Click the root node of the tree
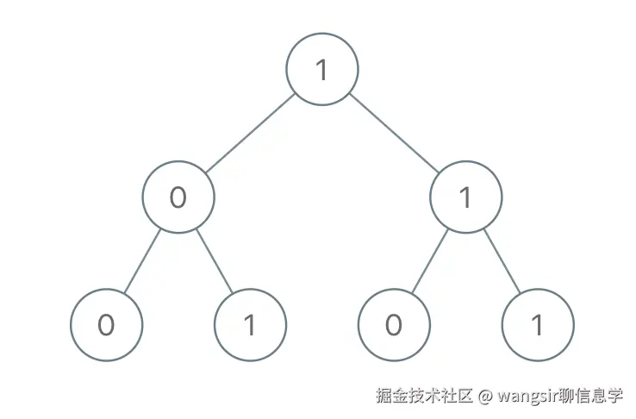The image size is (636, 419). point(321,70)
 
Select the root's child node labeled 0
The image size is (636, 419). point(178,197)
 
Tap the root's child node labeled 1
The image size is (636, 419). point(465,197)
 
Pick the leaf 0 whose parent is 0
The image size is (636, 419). point(106,325)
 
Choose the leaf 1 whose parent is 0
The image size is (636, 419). point(249,325)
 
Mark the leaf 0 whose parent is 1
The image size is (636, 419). point(394,325)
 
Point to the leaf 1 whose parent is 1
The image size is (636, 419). point(537,325)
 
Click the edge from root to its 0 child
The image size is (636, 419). point(250,134)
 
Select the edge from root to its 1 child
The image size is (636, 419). point(394,134)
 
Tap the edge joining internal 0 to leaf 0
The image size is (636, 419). point(142,261)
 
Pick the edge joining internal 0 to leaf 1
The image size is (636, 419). point(214,261)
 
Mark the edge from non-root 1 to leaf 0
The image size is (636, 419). point(429,261)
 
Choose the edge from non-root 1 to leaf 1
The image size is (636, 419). point(502,261)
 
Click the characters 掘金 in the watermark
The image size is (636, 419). point(392,396)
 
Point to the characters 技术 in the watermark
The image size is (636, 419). point(425,396)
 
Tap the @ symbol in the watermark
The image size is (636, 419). point(485,397)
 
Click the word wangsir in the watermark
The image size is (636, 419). point(527,397)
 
